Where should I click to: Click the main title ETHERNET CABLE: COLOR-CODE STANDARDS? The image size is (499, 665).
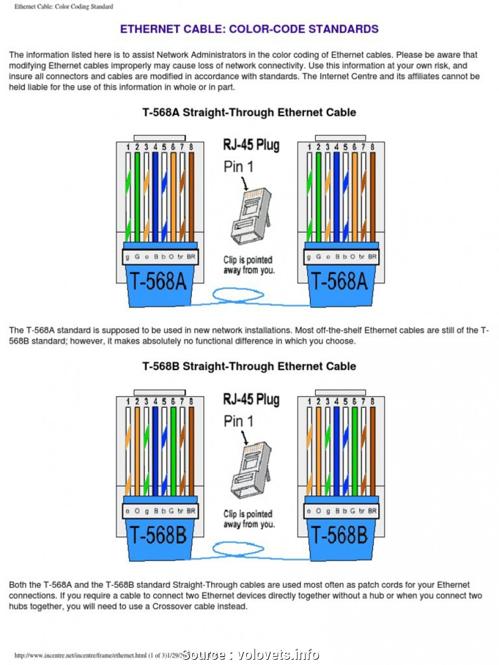tap(250, 29)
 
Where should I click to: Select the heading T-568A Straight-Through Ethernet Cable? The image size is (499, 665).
tap(250, 112)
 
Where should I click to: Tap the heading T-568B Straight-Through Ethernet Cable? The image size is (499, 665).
tap(250, 366)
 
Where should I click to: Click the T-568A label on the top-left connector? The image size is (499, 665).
tap(158, 281)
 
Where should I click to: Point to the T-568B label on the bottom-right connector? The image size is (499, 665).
tap(340, 535)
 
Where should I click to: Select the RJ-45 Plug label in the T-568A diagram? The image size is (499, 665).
tap(251, 145)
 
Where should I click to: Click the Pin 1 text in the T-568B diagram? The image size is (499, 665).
tap(238, 421)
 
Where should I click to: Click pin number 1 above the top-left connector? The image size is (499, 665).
tap(127, 147)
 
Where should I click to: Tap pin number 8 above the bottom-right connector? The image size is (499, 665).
tap(372, 402)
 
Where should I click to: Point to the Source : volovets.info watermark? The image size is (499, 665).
tap(251, 655)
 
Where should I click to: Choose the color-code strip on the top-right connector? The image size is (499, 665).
tap(341, 257)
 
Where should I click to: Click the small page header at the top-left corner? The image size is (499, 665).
tap(64, 6)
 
